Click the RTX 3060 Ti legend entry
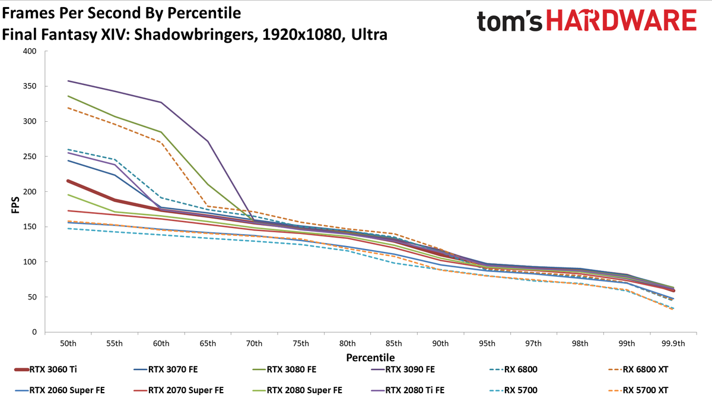click(46, 370)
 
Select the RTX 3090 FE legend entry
click(403, 370)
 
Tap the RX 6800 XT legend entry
click(638, 370)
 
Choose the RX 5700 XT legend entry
click(638, 390)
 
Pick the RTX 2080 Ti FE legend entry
click(408, 390)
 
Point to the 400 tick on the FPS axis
click(30, 51)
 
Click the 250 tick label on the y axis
click(30, 157)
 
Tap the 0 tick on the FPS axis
click(34, 332)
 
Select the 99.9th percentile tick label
click(673, 344)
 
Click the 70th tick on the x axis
click(254, 344)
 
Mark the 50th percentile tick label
click(68, 344)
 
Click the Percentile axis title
click(370, 358)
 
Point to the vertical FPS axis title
click(15, 205)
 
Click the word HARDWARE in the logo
click(621, 20)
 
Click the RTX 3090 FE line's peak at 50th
click(68, 81)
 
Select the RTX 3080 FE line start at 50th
click(68, 96)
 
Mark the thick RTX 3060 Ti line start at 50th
click(68, 181)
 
